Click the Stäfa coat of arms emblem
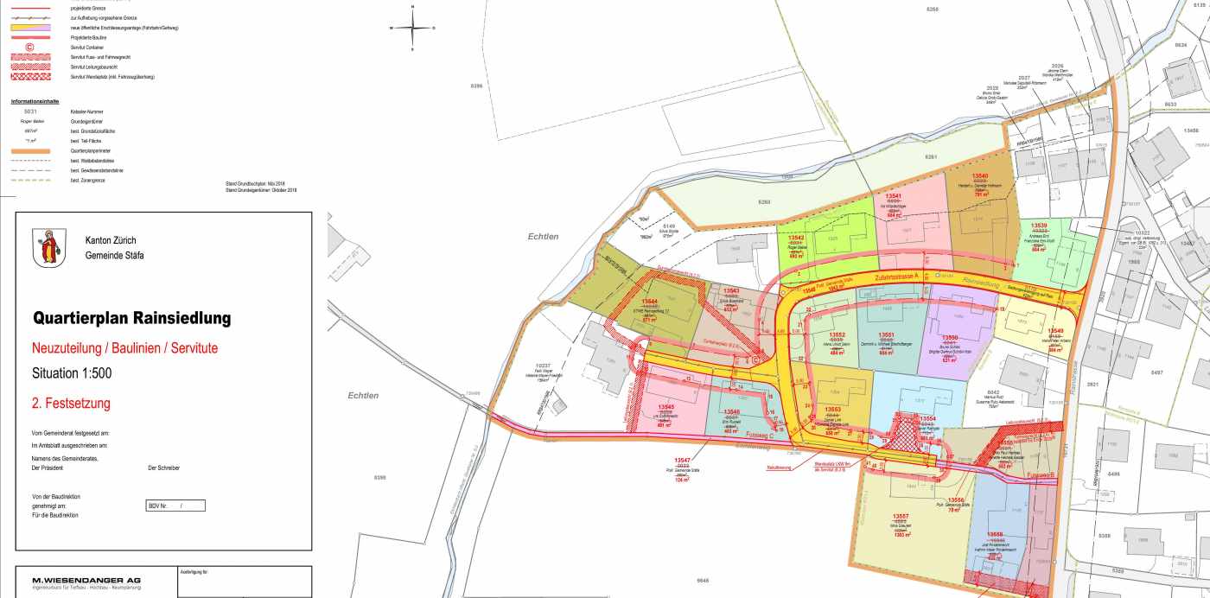[48, 247]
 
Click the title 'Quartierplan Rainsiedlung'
[131, 318]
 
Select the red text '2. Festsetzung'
[71, 403]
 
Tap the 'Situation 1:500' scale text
[72, 373]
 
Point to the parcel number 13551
[885, 334]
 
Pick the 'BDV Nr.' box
[175, 506]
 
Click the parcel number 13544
[650, 302]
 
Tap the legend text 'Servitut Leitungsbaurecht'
[94, 67]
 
